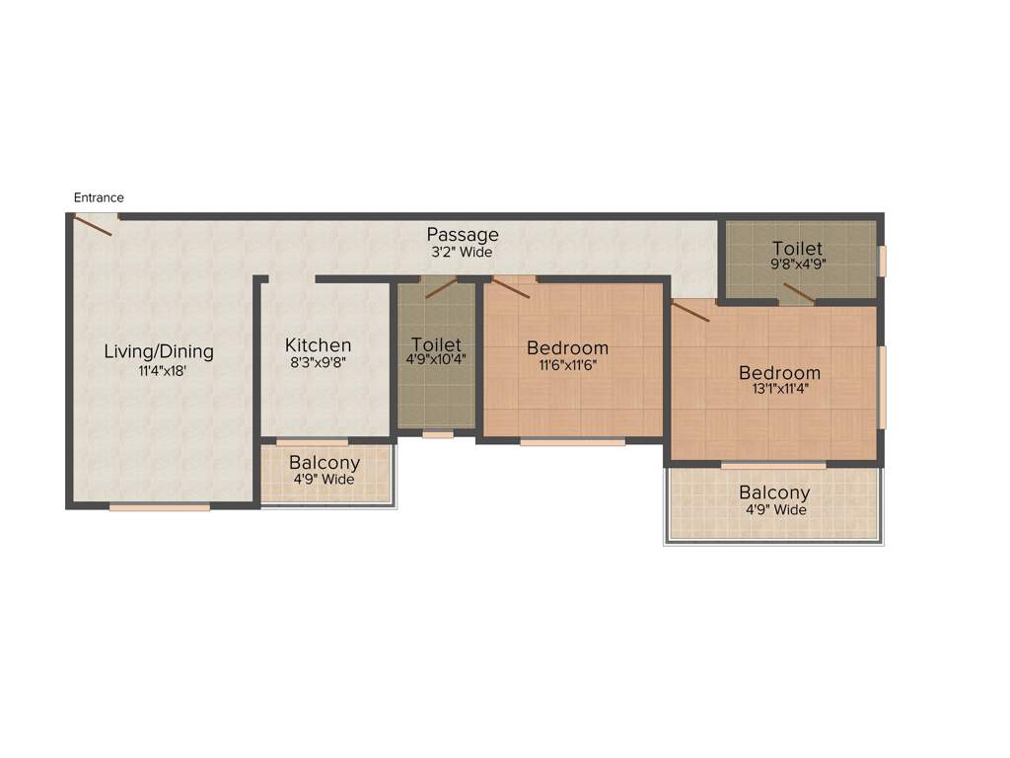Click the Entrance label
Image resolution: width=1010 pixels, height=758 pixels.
click(x=99, y=197)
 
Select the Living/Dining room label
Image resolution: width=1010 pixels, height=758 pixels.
click(x=159, y=351)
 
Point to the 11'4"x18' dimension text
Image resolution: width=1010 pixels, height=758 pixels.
click(x=159, y=371)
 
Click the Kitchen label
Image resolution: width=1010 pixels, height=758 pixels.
click(x=318, y=344)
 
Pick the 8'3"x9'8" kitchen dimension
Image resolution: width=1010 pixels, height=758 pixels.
click(x=318, y=362)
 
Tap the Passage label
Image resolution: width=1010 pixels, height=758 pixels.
click(x=463, y=235)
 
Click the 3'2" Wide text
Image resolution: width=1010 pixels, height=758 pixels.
click(x=463, y=252)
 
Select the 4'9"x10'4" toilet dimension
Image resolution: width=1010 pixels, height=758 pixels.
click(x=436, y=360)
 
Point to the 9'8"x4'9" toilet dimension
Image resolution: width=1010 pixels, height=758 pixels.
click(x=797, y=265)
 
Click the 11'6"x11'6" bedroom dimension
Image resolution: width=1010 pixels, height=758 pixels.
click(x=567, y=364)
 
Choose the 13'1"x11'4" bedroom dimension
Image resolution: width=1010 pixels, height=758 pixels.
click(x=779, y=389)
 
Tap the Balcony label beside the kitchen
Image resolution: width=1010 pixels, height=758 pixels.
click(x=325, y=463)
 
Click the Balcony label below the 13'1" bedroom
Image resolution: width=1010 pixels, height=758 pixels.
click(x=774, y=493)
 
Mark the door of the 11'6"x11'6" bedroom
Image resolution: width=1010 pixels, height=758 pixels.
click(x=511, y=287)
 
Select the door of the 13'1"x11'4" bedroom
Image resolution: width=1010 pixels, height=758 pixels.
click(x=690, y=311)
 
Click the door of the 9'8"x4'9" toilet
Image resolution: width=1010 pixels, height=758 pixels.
click(x=798, y=293)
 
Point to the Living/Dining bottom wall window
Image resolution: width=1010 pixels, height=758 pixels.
click(x=160, y=507)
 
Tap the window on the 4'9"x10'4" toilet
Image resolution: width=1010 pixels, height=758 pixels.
click(x=437, y=434)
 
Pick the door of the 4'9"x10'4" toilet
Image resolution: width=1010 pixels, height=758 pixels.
click(x=441, y=288)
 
